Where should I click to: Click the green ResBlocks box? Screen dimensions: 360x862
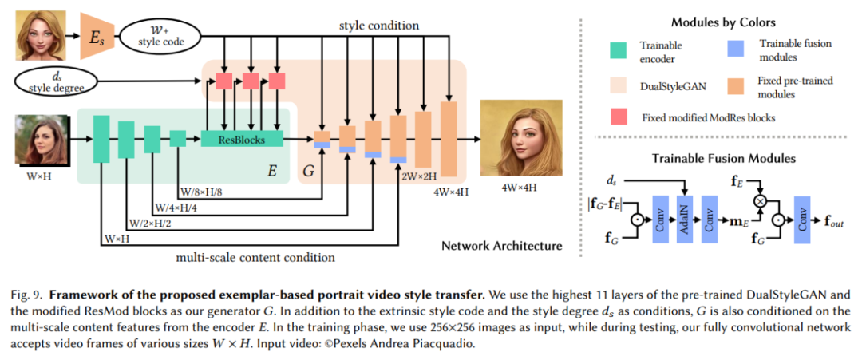[242, 139]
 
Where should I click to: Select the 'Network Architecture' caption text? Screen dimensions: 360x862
[502, 245]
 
